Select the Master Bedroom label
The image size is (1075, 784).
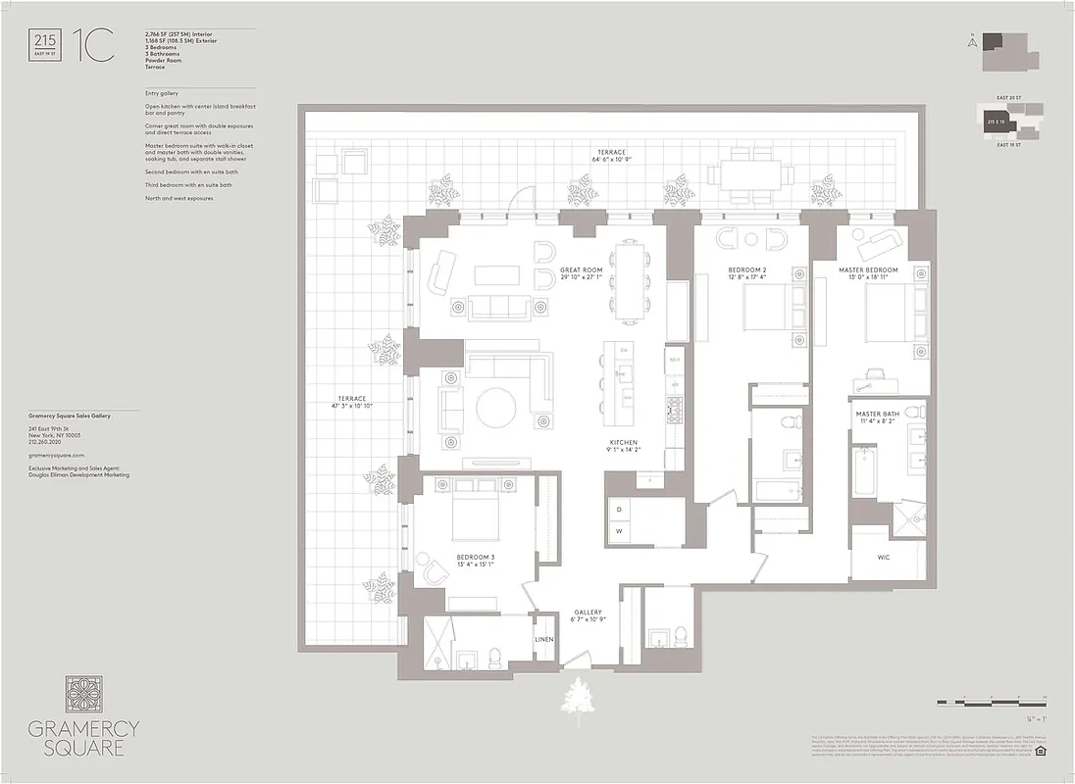pyautogui.click(x=867, y=269)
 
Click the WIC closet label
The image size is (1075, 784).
pyautogui.click(x=884, y=556)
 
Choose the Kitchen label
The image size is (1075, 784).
pyautogui.click(x=624, y=443)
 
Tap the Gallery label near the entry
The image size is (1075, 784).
pyautogui.click(x=589, y=612)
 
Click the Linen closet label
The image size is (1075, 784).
pyautogui.click(x=544, y=639)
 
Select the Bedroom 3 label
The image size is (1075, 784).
pyautogui.click(x=476, y=558)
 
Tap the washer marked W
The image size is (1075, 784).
pyautogui.click(x=620, y=530)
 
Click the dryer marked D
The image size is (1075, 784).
pyautogui.click(x=620, y=511)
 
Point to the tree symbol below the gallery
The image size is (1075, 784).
pyautogui.click(x=580, y=699)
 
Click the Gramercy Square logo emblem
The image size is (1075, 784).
pyautogui.click(x=84, y=694)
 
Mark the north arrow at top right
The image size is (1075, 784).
pyautogui.click(x=971, y=42)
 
